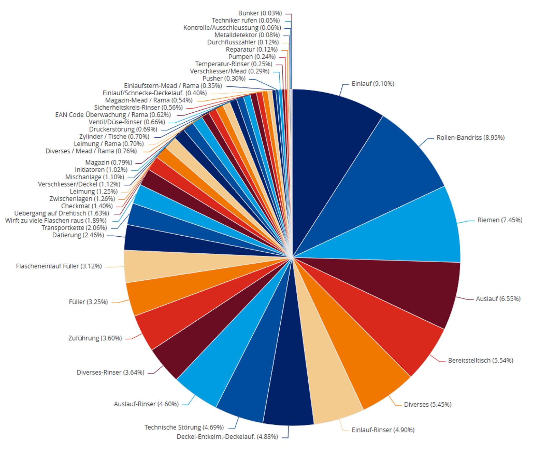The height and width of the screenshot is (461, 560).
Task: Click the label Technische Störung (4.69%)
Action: (x=184, y=427)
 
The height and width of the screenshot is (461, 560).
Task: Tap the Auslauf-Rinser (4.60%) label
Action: (x=146, y=404)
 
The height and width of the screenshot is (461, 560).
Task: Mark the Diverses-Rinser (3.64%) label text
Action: (x=110, y=372)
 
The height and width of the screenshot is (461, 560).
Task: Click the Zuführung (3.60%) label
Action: (x=95, y=338)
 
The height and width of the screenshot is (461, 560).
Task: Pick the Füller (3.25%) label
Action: (x=88, y=302)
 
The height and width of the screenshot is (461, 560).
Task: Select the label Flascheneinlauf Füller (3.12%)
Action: (x=59, y=266)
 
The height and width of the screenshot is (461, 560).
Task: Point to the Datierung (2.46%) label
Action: (x=78, y=235)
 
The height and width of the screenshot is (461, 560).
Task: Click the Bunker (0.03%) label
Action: (x=260, y=13)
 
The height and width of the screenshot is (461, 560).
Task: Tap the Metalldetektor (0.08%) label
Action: (x=247, y=35)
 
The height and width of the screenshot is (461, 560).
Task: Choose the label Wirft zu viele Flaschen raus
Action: (x=56, y=221)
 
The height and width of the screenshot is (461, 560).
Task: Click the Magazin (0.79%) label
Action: (x=108, y=163)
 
